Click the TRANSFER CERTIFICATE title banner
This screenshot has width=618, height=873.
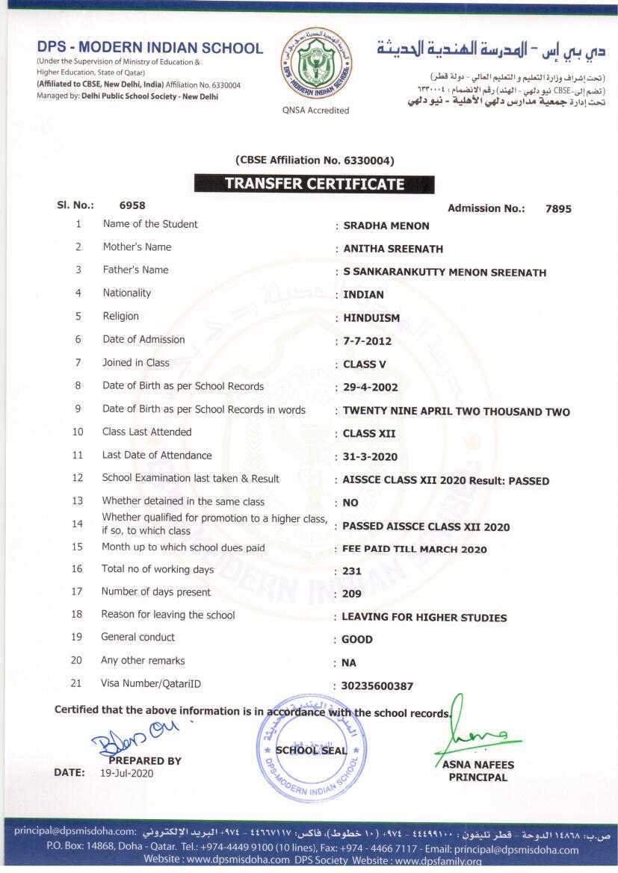314,184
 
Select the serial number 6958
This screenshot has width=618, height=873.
132,205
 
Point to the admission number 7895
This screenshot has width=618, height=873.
558,209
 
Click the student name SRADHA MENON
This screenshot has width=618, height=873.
386,226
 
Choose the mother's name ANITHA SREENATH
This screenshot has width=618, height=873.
392,249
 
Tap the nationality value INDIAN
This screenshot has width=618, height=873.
363,294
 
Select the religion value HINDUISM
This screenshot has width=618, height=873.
371,317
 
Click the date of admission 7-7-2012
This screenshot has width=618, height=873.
367,341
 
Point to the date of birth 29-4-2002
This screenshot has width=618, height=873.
370,388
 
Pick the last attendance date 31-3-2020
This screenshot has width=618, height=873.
370,457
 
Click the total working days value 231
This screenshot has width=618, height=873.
351,571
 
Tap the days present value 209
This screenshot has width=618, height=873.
351,594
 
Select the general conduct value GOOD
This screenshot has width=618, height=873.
356,640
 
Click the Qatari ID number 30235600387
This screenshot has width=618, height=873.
377,686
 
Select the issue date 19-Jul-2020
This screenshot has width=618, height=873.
126,774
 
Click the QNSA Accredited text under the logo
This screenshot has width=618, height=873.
315,111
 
